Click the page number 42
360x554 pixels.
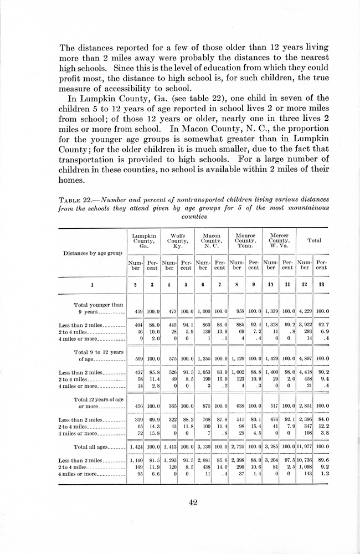[x=193, y=502]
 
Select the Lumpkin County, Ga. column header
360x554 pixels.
[x=143, y=241]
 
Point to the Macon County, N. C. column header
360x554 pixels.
[x=211, y=241]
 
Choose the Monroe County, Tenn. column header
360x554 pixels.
[x=245, y=241]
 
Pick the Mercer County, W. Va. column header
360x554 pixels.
[x=279, y=241]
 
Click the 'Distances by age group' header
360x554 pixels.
[x=92, y=253]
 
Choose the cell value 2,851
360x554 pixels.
[x=304, y=406]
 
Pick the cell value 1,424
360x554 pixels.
[x=136, y=446]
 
